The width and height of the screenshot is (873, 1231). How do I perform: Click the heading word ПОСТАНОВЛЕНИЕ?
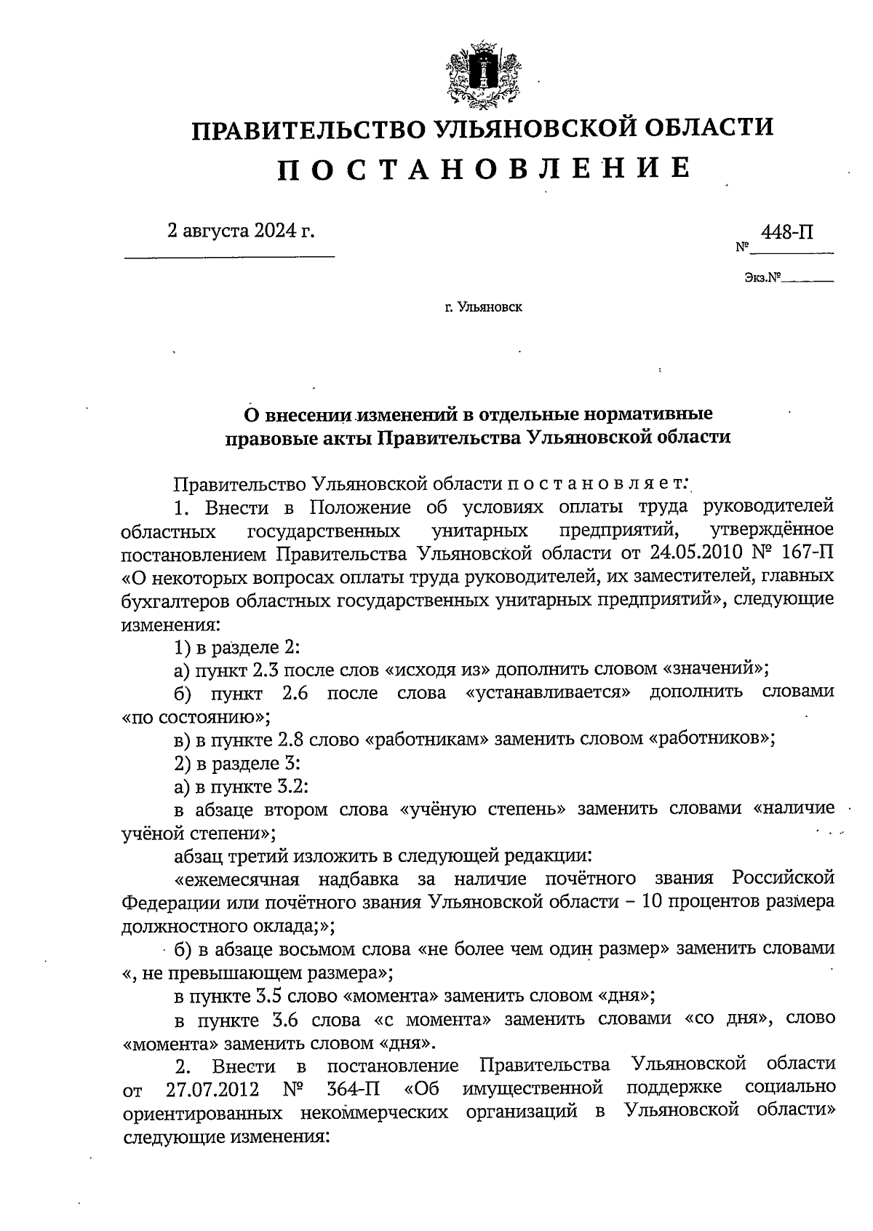click(483, 168)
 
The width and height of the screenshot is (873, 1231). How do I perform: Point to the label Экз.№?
click(762, 277)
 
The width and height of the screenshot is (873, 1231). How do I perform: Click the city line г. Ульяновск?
click(483, 307)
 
